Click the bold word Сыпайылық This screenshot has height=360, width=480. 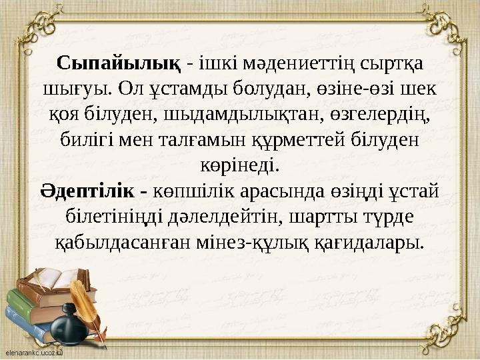(119, 63)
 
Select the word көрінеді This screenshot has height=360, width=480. (240, 164)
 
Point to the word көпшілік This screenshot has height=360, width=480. (191, 191)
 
